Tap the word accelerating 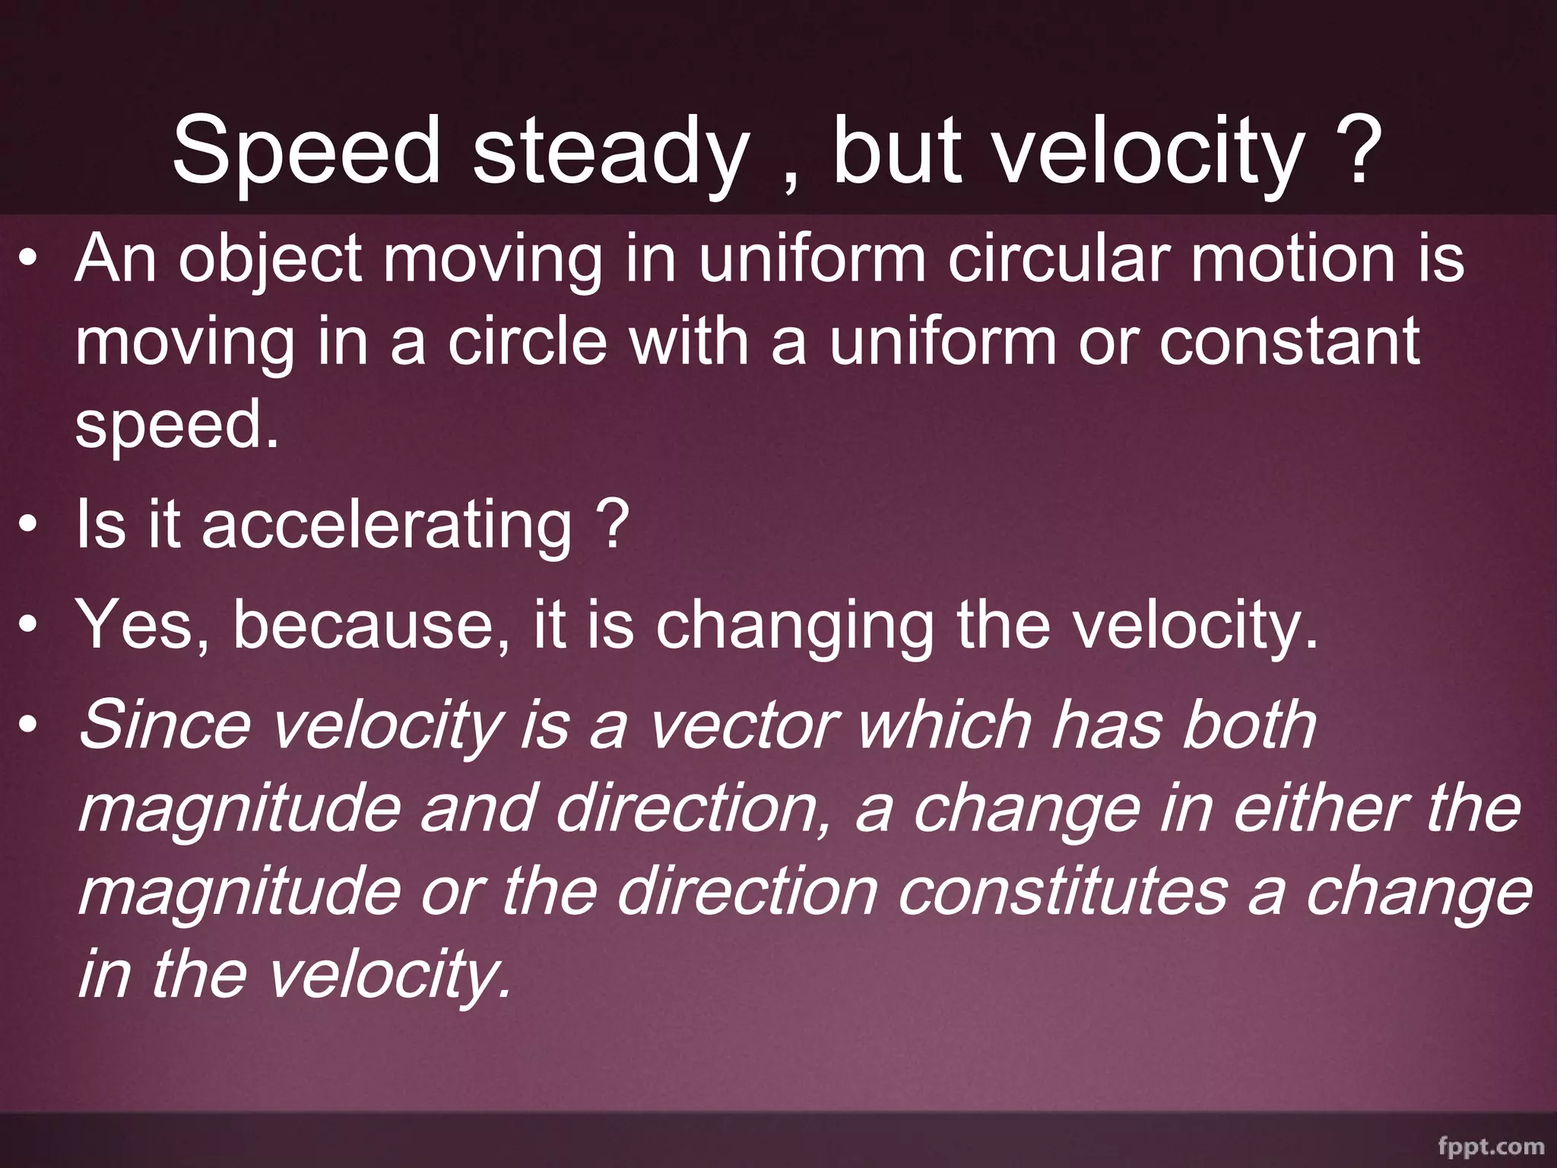point(387,525)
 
